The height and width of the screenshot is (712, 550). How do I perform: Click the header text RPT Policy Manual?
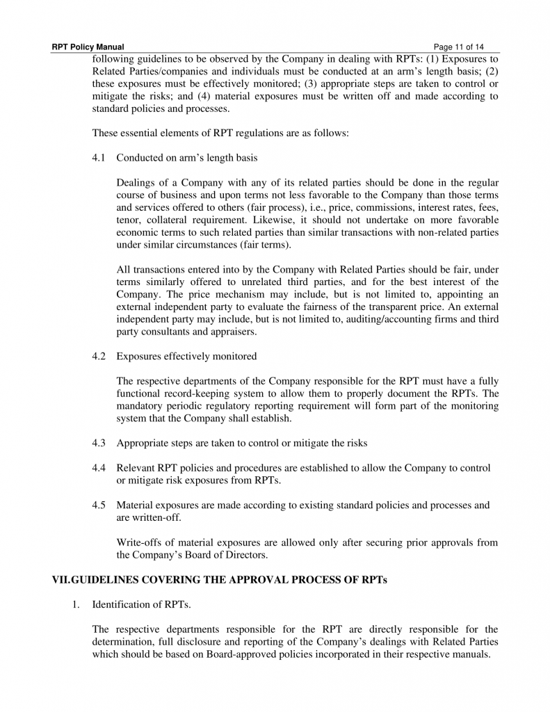coord(88,47)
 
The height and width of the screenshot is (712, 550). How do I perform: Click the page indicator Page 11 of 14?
coord(458,47)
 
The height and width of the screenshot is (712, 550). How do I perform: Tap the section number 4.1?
coord(99,158)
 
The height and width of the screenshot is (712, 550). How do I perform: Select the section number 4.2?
coord(99,357)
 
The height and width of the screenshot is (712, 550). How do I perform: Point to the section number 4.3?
coord(99,443)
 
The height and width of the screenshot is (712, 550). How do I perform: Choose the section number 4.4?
coord(99,468)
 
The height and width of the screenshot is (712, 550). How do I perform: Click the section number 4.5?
coord(99,505)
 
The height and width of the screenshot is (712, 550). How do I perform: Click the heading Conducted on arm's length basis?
coord(186,158)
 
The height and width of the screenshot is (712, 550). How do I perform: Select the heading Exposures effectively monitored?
coord(186,357)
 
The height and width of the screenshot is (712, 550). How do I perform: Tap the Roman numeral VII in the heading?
coord(60,580)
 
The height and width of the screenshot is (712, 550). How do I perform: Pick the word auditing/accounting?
coord(392,319)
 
